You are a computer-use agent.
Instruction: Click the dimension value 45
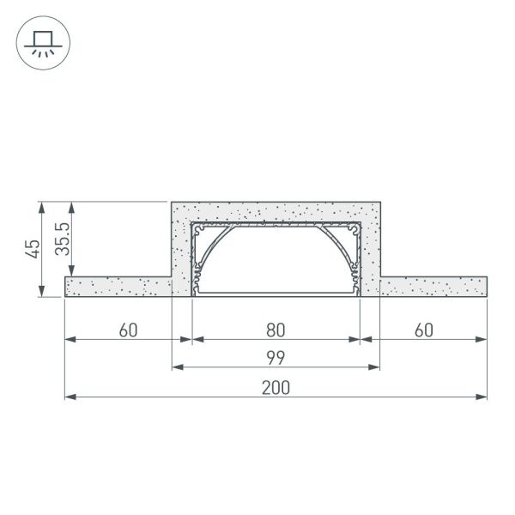[33, 249]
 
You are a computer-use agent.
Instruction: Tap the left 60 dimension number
[129, 330]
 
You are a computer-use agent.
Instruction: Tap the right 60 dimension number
[423, 330]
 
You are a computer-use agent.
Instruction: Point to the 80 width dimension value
[276, 330]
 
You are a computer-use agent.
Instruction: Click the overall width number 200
[276, 387]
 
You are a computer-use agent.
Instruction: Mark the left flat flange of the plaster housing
[118, 287]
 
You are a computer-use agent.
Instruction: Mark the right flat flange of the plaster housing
[433, 287]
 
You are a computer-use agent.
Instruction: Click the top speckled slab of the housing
[276, 211]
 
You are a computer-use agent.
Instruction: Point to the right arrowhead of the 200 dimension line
[483, 397]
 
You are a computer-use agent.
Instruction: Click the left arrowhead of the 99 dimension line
[177, 367]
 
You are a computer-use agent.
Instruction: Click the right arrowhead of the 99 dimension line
[375, 367]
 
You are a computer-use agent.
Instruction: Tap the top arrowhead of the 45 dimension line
[41, 207]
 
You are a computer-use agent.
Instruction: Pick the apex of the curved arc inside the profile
[276, 228]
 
